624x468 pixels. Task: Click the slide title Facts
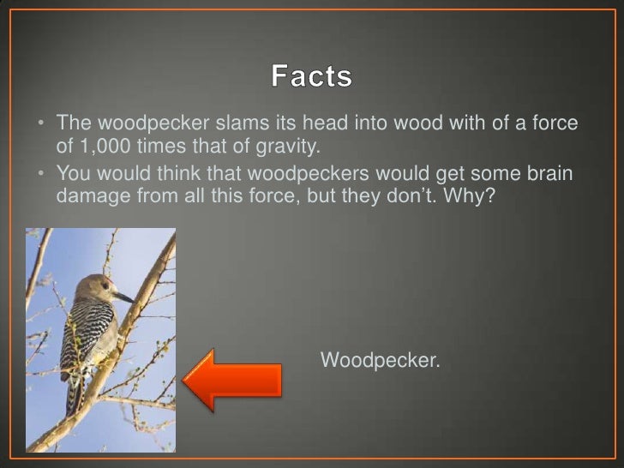[311, 77]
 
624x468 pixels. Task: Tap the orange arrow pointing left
[232, 377]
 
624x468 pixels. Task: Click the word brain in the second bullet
[549, 172]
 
